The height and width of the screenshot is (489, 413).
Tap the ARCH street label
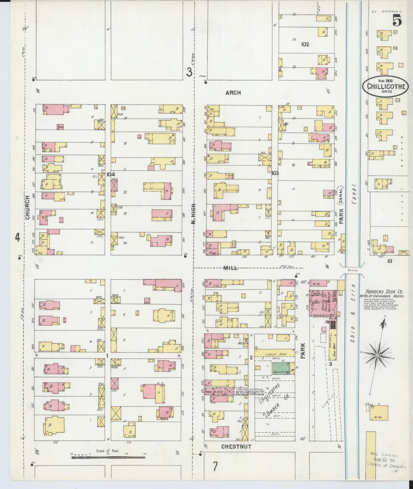click(x=233, y=93)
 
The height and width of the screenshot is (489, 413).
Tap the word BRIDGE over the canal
click(x=353, y=271)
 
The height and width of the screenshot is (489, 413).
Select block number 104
click(x=111, y=174)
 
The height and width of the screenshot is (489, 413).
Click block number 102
click(x=305, y=44)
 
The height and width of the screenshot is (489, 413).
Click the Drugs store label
click(x=212, y=253)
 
